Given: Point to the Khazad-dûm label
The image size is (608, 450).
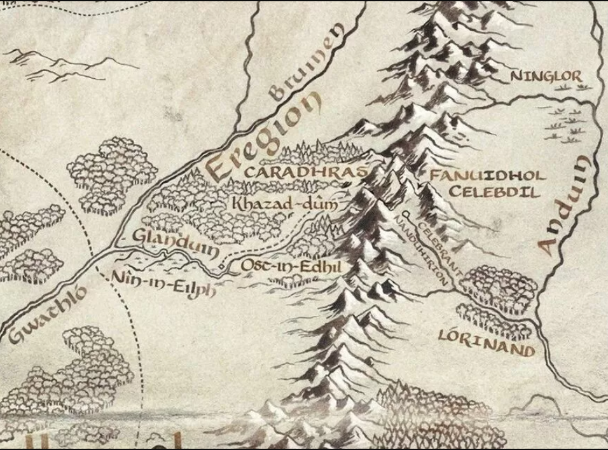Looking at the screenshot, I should point(284,205).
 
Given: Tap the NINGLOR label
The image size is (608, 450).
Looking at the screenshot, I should point(546,77).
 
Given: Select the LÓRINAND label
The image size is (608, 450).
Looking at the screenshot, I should point(487,335).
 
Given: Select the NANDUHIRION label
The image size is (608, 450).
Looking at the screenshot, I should point(422,248).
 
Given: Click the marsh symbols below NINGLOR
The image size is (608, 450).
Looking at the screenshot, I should point(566,124).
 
